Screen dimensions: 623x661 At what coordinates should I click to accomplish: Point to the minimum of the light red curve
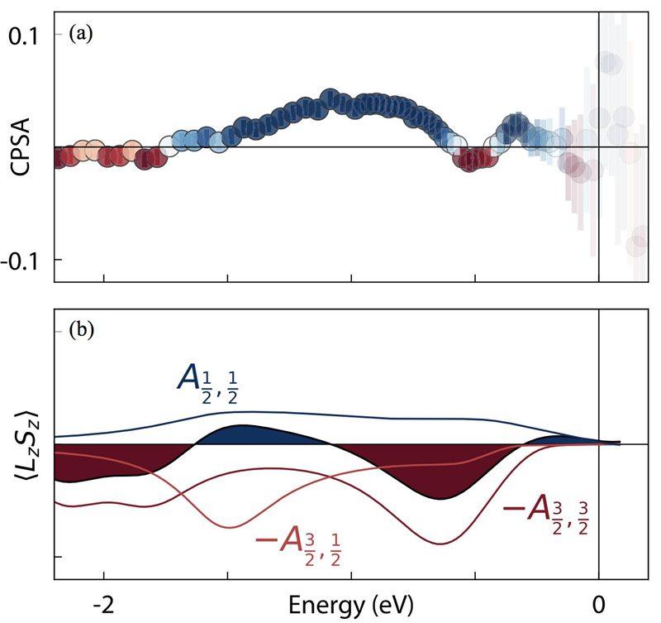232,527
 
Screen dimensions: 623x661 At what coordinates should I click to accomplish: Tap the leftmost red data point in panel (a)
58,157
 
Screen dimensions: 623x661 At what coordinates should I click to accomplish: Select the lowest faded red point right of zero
635,246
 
